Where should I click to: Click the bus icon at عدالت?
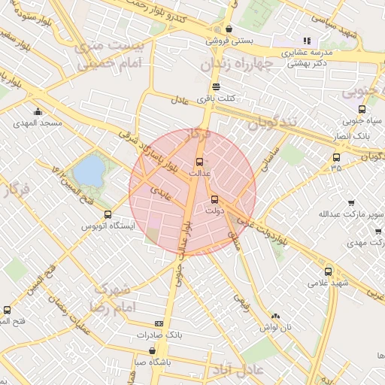[x=199, y=162]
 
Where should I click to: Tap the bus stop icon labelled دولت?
[x=216, y=200]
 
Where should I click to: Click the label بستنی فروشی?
[x=231, y=41]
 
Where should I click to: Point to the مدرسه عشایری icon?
[x=306, y=41]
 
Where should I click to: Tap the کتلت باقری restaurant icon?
[x=217, y=86]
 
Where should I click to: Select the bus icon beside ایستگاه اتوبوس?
[x=108, y=214]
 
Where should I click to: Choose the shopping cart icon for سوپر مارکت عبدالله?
[x=351, y=202]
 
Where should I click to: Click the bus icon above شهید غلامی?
[x=328, y=271]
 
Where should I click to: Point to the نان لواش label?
[x=275, y=328]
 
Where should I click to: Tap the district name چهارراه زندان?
[x=235, y=65]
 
